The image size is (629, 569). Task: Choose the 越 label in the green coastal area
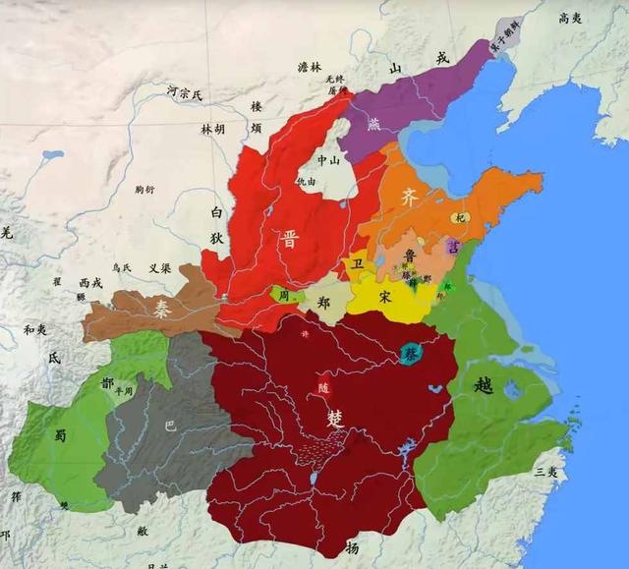pos(483,384)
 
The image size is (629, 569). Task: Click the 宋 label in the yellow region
pos(384,296)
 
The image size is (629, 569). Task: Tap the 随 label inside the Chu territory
pos(325,386)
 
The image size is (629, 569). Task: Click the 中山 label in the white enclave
pos(327,159)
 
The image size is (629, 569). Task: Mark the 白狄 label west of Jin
pos(219,223)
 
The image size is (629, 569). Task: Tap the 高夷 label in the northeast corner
pos(571,18)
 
